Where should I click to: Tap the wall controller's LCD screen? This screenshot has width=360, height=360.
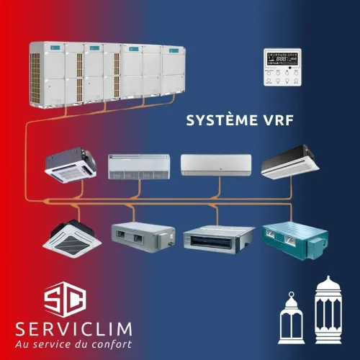(282, 58)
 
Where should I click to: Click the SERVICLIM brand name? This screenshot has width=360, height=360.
(73, 329)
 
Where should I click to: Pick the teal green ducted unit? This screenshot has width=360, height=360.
(295, 240)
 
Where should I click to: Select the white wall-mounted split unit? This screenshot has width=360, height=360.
(216, 165)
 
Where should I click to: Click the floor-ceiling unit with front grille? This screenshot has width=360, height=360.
(139, 166)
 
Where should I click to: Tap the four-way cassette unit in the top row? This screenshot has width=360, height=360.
(71, 165)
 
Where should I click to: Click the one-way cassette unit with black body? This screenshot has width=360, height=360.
(290, 161)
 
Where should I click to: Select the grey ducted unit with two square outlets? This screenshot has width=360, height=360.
(143, 237)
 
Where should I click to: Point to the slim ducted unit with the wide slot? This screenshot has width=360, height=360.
(219, 239)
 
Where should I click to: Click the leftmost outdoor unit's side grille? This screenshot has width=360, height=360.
(35, 77)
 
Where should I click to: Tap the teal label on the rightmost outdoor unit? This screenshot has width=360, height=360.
(174, 50)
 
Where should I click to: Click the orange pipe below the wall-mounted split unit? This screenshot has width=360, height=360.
(218, 189)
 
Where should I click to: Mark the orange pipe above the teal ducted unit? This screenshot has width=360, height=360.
(291, 212)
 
